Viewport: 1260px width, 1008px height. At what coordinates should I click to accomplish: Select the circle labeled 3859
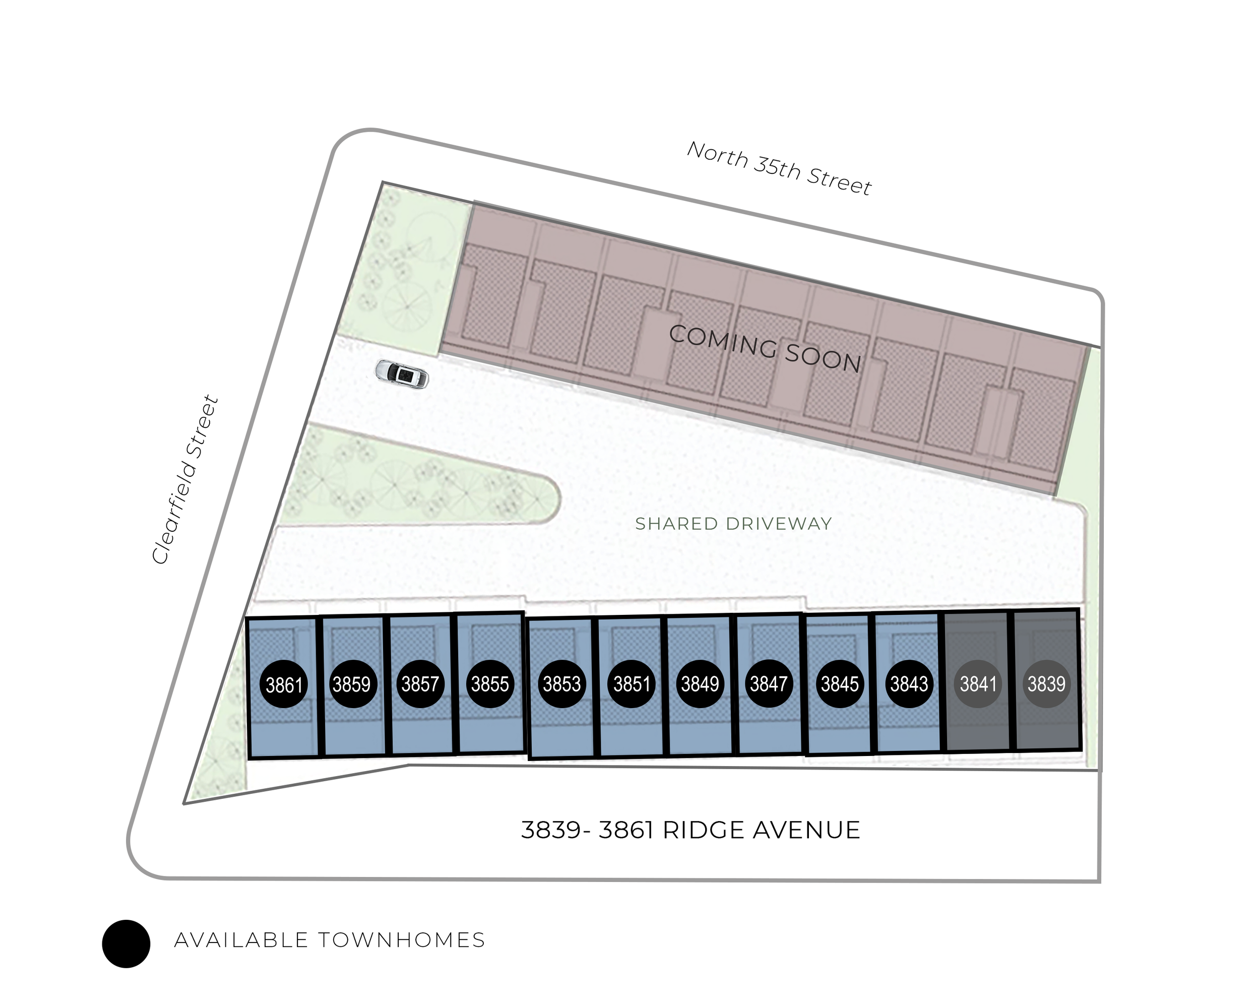351,684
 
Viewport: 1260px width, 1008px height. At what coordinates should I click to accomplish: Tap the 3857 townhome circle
420,684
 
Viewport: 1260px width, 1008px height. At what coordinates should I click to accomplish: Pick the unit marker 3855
490,684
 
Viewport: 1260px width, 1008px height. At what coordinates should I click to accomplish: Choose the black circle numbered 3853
561,684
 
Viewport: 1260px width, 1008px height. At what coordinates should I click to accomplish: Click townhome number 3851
631,684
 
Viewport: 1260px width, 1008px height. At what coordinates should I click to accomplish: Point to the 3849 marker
700,684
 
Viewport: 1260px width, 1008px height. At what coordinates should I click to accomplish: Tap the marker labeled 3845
840,684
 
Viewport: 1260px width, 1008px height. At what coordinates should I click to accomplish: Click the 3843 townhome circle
909,684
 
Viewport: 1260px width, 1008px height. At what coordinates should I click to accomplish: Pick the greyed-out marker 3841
978,684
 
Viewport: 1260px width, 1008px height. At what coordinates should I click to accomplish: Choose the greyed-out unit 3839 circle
1046,684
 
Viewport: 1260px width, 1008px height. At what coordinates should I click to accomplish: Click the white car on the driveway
402,374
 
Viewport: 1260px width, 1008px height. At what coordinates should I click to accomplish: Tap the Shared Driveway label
733,524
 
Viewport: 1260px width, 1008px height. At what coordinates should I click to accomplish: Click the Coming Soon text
765,349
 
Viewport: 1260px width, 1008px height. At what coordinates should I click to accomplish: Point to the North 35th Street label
779,168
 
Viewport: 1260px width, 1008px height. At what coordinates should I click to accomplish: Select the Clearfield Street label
184,480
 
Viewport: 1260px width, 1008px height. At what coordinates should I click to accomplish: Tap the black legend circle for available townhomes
126,943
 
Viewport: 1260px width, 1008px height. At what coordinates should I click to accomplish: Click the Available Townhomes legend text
330,940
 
